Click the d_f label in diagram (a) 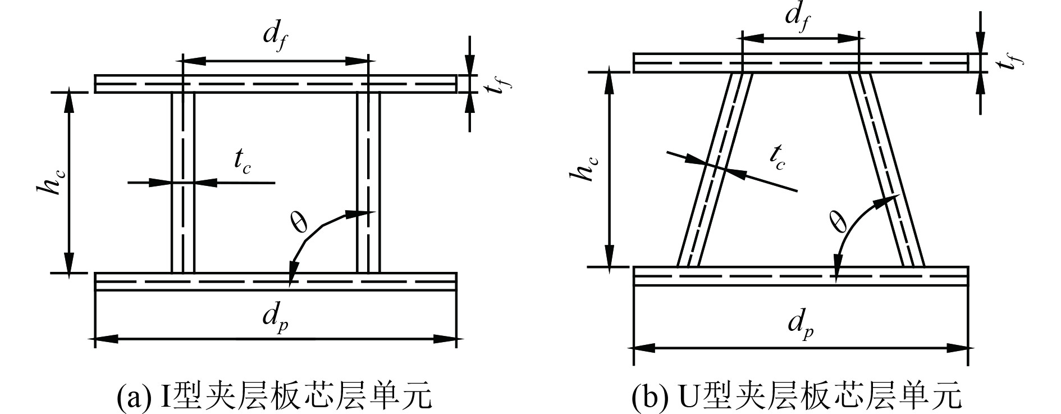(276, 37)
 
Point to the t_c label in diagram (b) (777, 157)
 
